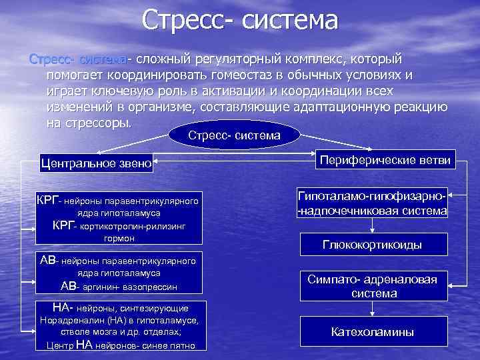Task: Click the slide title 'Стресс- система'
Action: point(240,20)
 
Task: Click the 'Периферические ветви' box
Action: point(385,159)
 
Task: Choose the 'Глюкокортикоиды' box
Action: point(372,245)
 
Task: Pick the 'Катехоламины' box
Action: point(372,331)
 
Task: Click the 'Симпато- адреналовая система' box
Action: point(372,287)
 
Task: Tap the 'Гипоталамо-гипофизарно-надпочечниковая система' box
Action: point(372,205)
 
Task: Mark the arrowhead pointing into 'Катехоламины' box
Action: point(372,317)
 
